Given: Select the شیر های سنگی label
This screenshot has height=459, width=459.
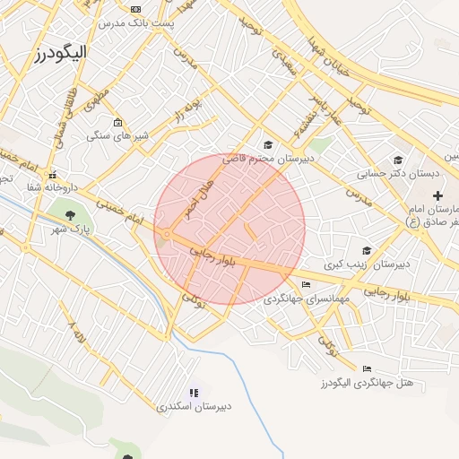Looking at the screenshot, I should pos(117,135).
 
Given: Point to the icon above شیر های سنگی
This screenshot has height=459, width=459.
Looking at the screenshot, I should pos(117,123).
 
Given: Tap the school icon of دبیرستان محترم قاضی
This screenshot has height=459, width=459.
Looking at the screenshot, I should pos(267,144).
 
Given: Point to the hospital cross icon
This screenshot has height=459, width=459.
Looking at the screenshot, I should pos(437,195).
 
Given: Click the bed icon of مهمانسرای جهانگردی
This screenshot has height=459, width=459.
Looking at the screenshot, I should pos(307,285).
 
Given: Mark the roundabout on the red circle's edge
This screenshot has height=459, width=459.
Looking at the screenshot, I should pos(168,235).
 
